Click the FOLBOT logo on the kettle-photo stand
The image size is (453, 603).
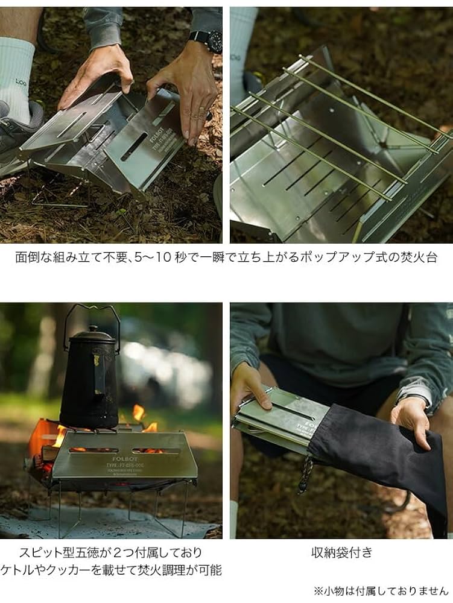(x=123, y=458)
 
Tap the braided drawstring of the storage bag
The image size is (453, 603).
(x=306, y=473)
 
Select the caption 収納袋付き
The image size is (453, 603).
(x=341, y=552)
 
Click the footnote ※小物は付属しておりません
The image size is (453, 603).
(x=381, y=590)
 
